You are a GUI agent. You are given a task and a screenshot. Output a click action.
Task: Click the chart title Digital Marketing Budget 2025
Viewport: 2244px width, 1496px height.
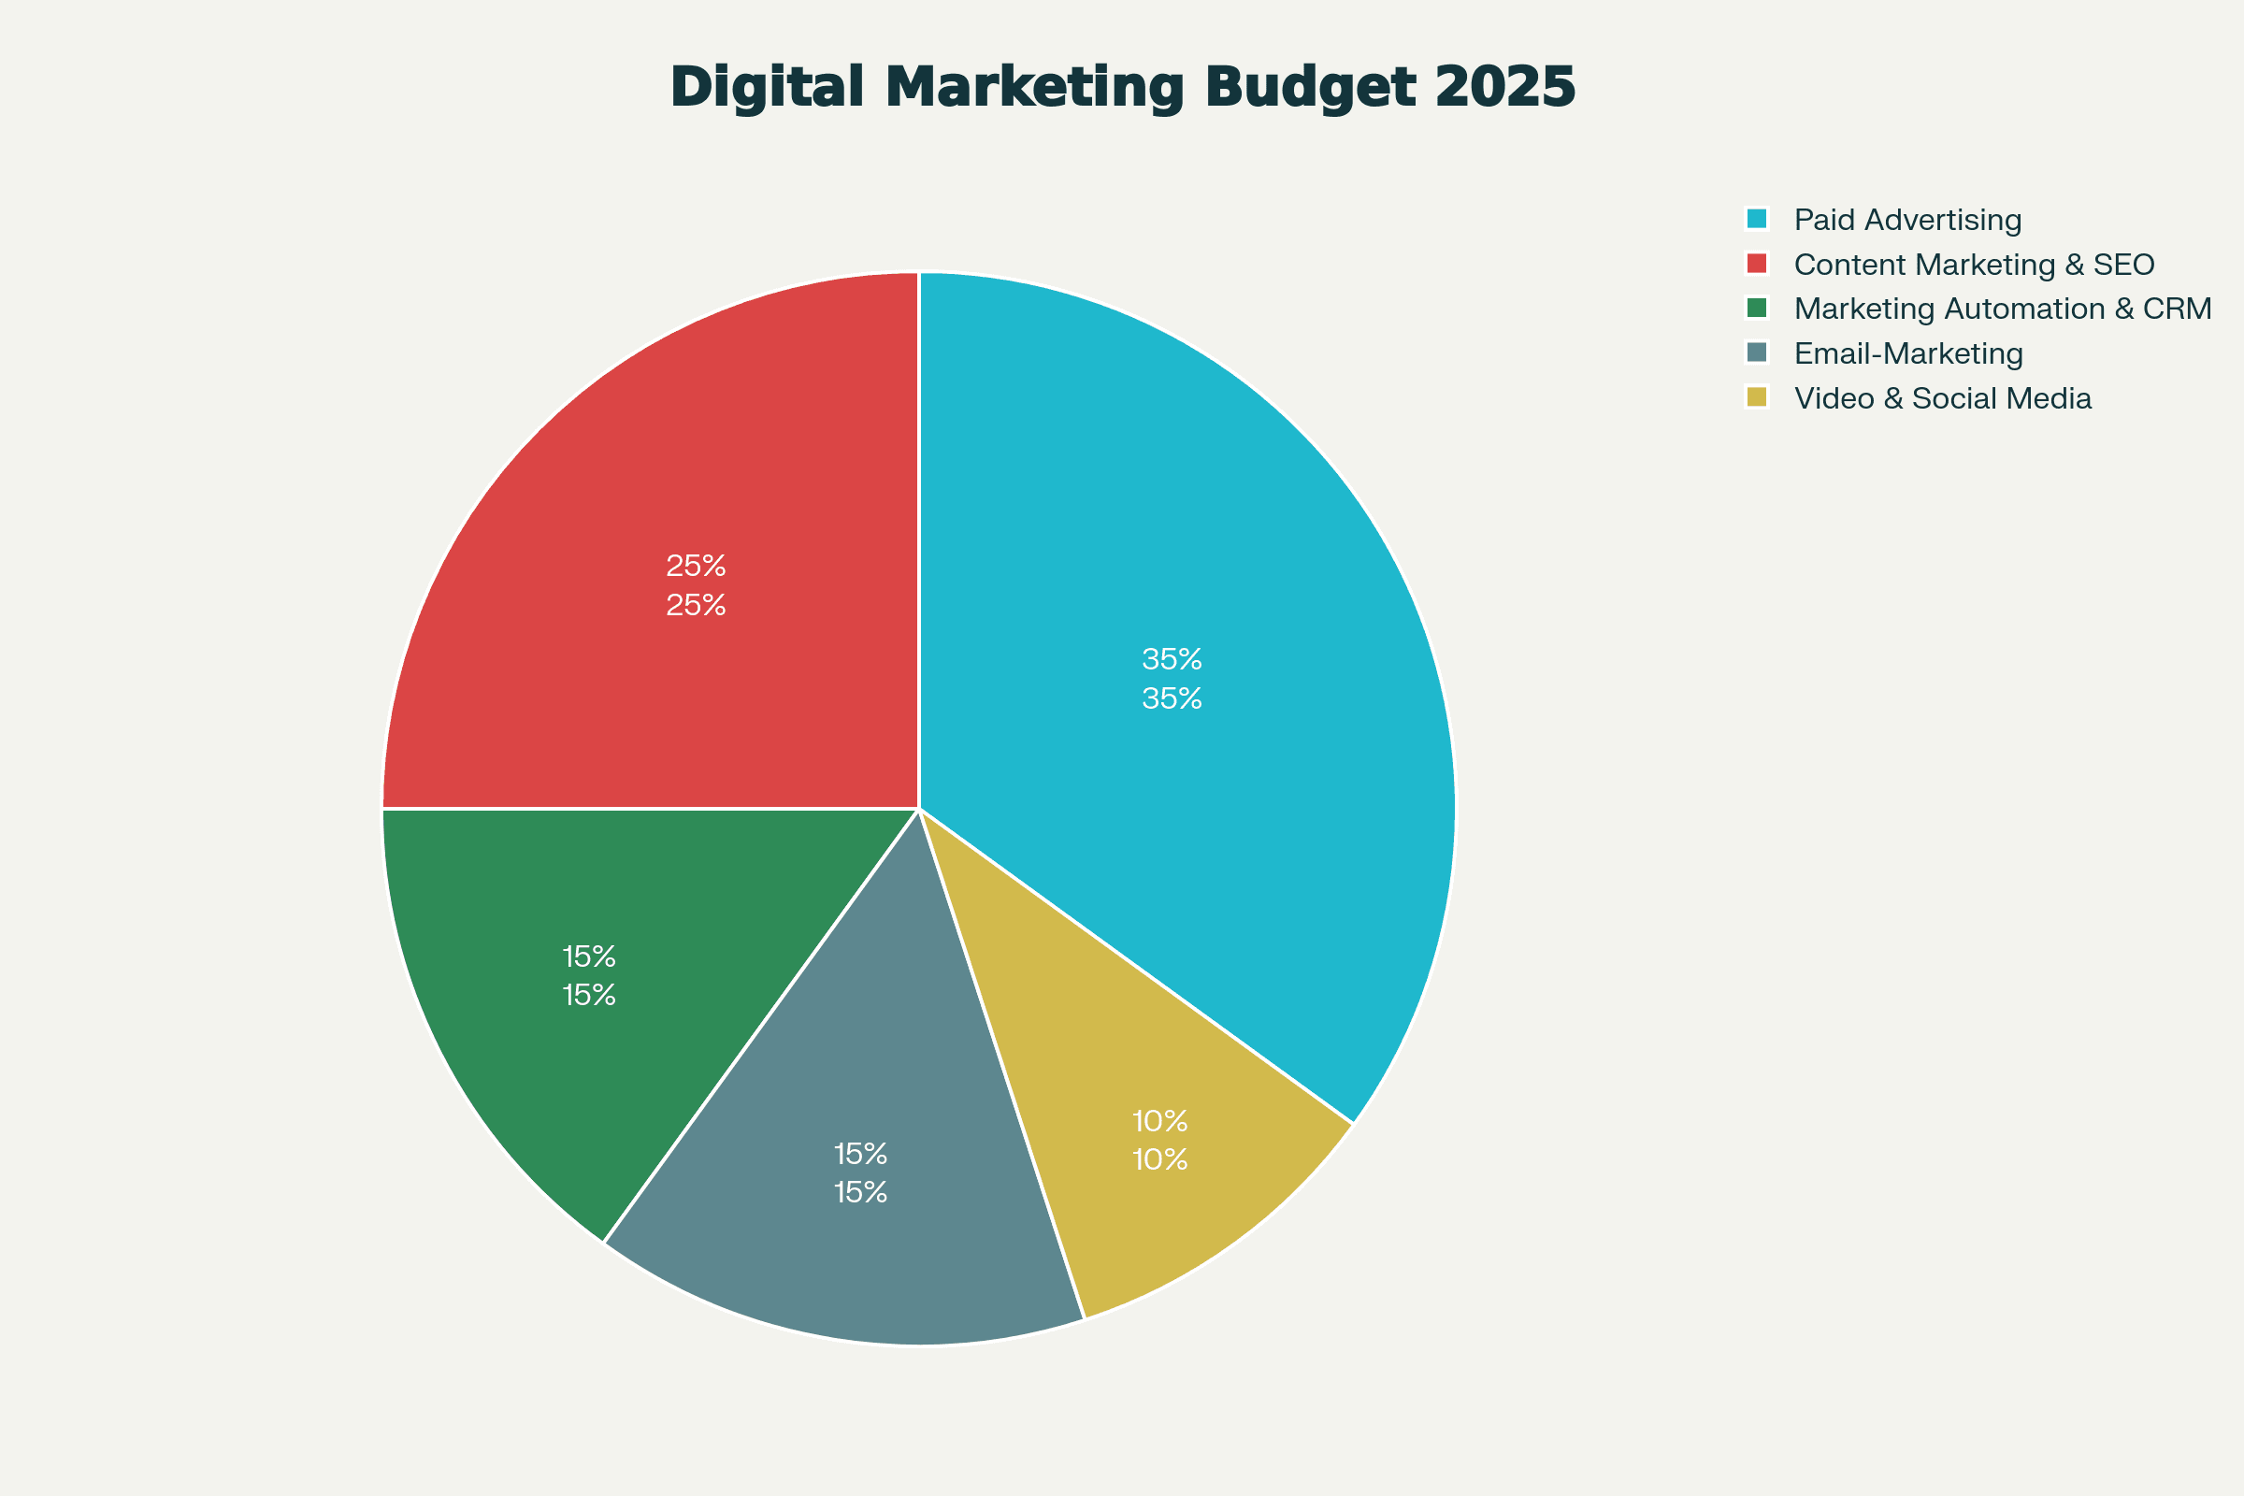click(x=1122, y=88)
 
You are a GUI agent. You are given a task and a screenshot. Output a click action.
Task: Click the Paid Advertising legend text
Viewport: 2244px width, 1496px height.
click(x=1907, y=221)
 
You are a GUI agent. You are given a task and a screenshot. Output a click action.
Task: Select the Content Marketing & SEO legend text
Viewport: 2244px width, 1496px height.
click(x=1974, y=265)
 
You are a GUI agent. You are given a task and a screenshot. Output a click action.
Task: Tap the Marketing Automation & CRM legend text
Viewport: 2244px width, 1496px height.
click(x=2003, y=309)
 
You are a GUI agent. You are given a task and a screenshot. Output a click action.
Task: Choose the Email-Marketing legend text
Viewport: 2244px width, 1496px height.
click(x=1908, y=354)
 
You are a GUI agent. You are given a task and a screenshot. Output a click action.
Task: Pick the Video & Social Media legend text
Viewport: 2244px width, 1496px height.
click(x=1943, y=398)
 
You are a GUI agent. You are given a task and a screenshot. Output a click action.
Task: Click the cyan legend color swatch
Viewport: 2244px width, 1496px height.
click(x=1757, y=219)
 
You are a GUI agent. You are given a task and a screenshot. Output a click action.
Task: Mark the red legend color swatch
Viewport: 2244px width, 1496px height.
click(x=1757, y=264)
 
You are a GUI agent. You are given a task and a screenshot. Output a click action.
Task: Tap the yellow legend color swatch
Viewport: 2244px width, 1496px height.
click(x=1757, y=396)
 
